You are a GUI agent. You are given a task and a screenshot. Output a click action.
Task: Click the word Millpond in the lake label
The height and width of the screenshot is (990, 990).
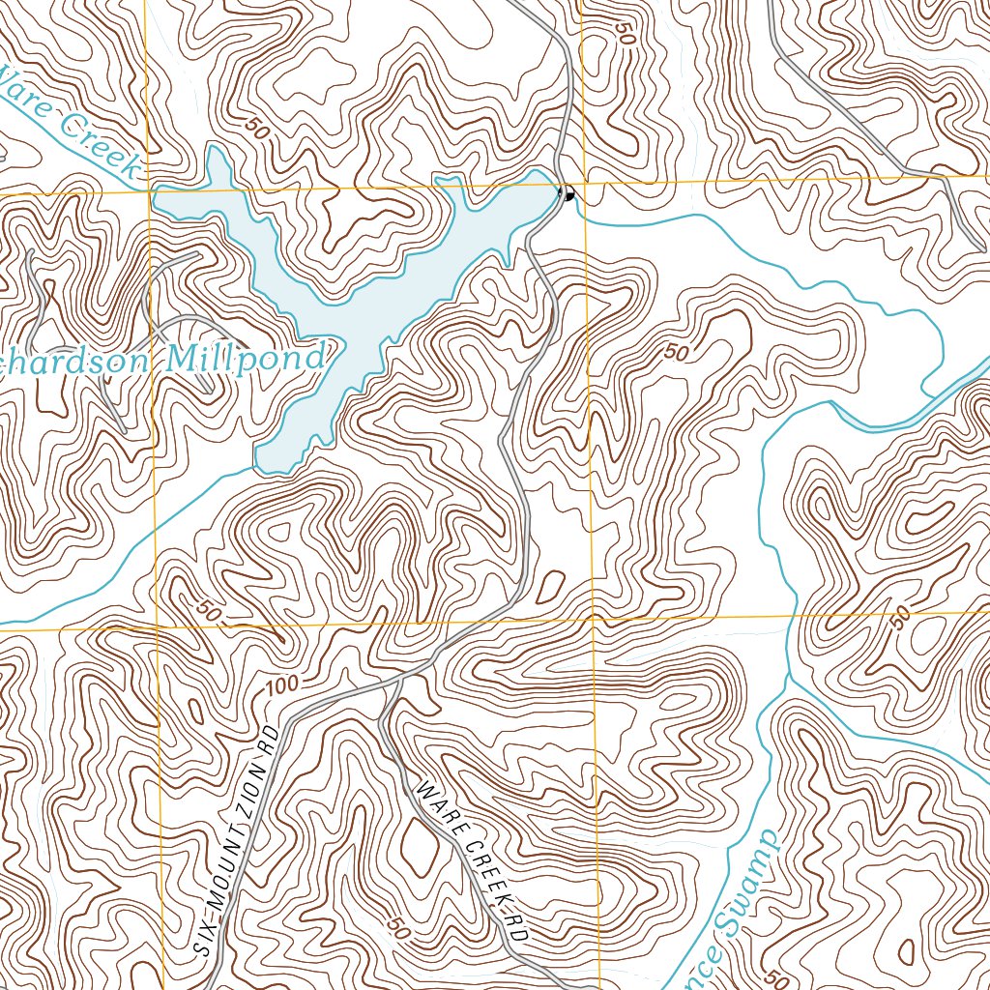point(246,359)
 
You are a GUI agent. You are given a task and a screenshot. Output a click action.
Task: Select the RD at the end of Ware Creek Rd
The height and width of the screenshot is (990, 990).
point(515,930)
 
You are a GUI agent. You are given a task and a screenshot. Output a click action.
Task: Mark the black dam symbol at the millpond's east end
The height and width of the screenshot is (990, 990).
point(568,194)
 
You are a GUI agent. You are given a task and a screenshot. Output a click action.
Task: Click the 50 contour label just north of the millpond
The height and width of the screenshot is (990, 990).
point(256,127)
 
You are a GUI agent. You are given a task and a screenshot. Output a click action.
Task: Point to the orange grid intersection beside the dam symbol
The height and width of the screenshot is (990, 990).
point(582,183)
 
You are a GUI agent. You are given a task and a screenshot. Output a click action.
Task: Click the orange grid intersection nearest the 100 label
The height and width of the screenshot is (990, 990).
point(158,626)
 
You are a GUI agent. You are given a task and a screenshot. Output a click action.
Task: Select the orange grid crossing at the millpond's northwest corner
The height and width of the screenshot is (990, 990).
point(150,191)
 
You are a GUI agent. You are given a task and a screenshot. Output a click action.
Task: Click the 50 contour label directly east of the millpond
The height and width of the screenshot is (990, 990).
point(677,353)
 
